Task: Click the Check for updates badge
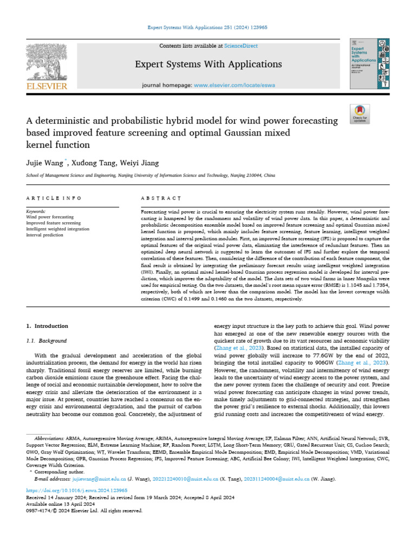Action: (360, 113)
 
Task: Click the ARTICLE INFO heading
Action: (47, 198)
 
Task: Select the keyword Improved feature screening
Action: (54, 223)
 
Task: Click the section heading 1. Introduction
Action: (48, 326)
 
